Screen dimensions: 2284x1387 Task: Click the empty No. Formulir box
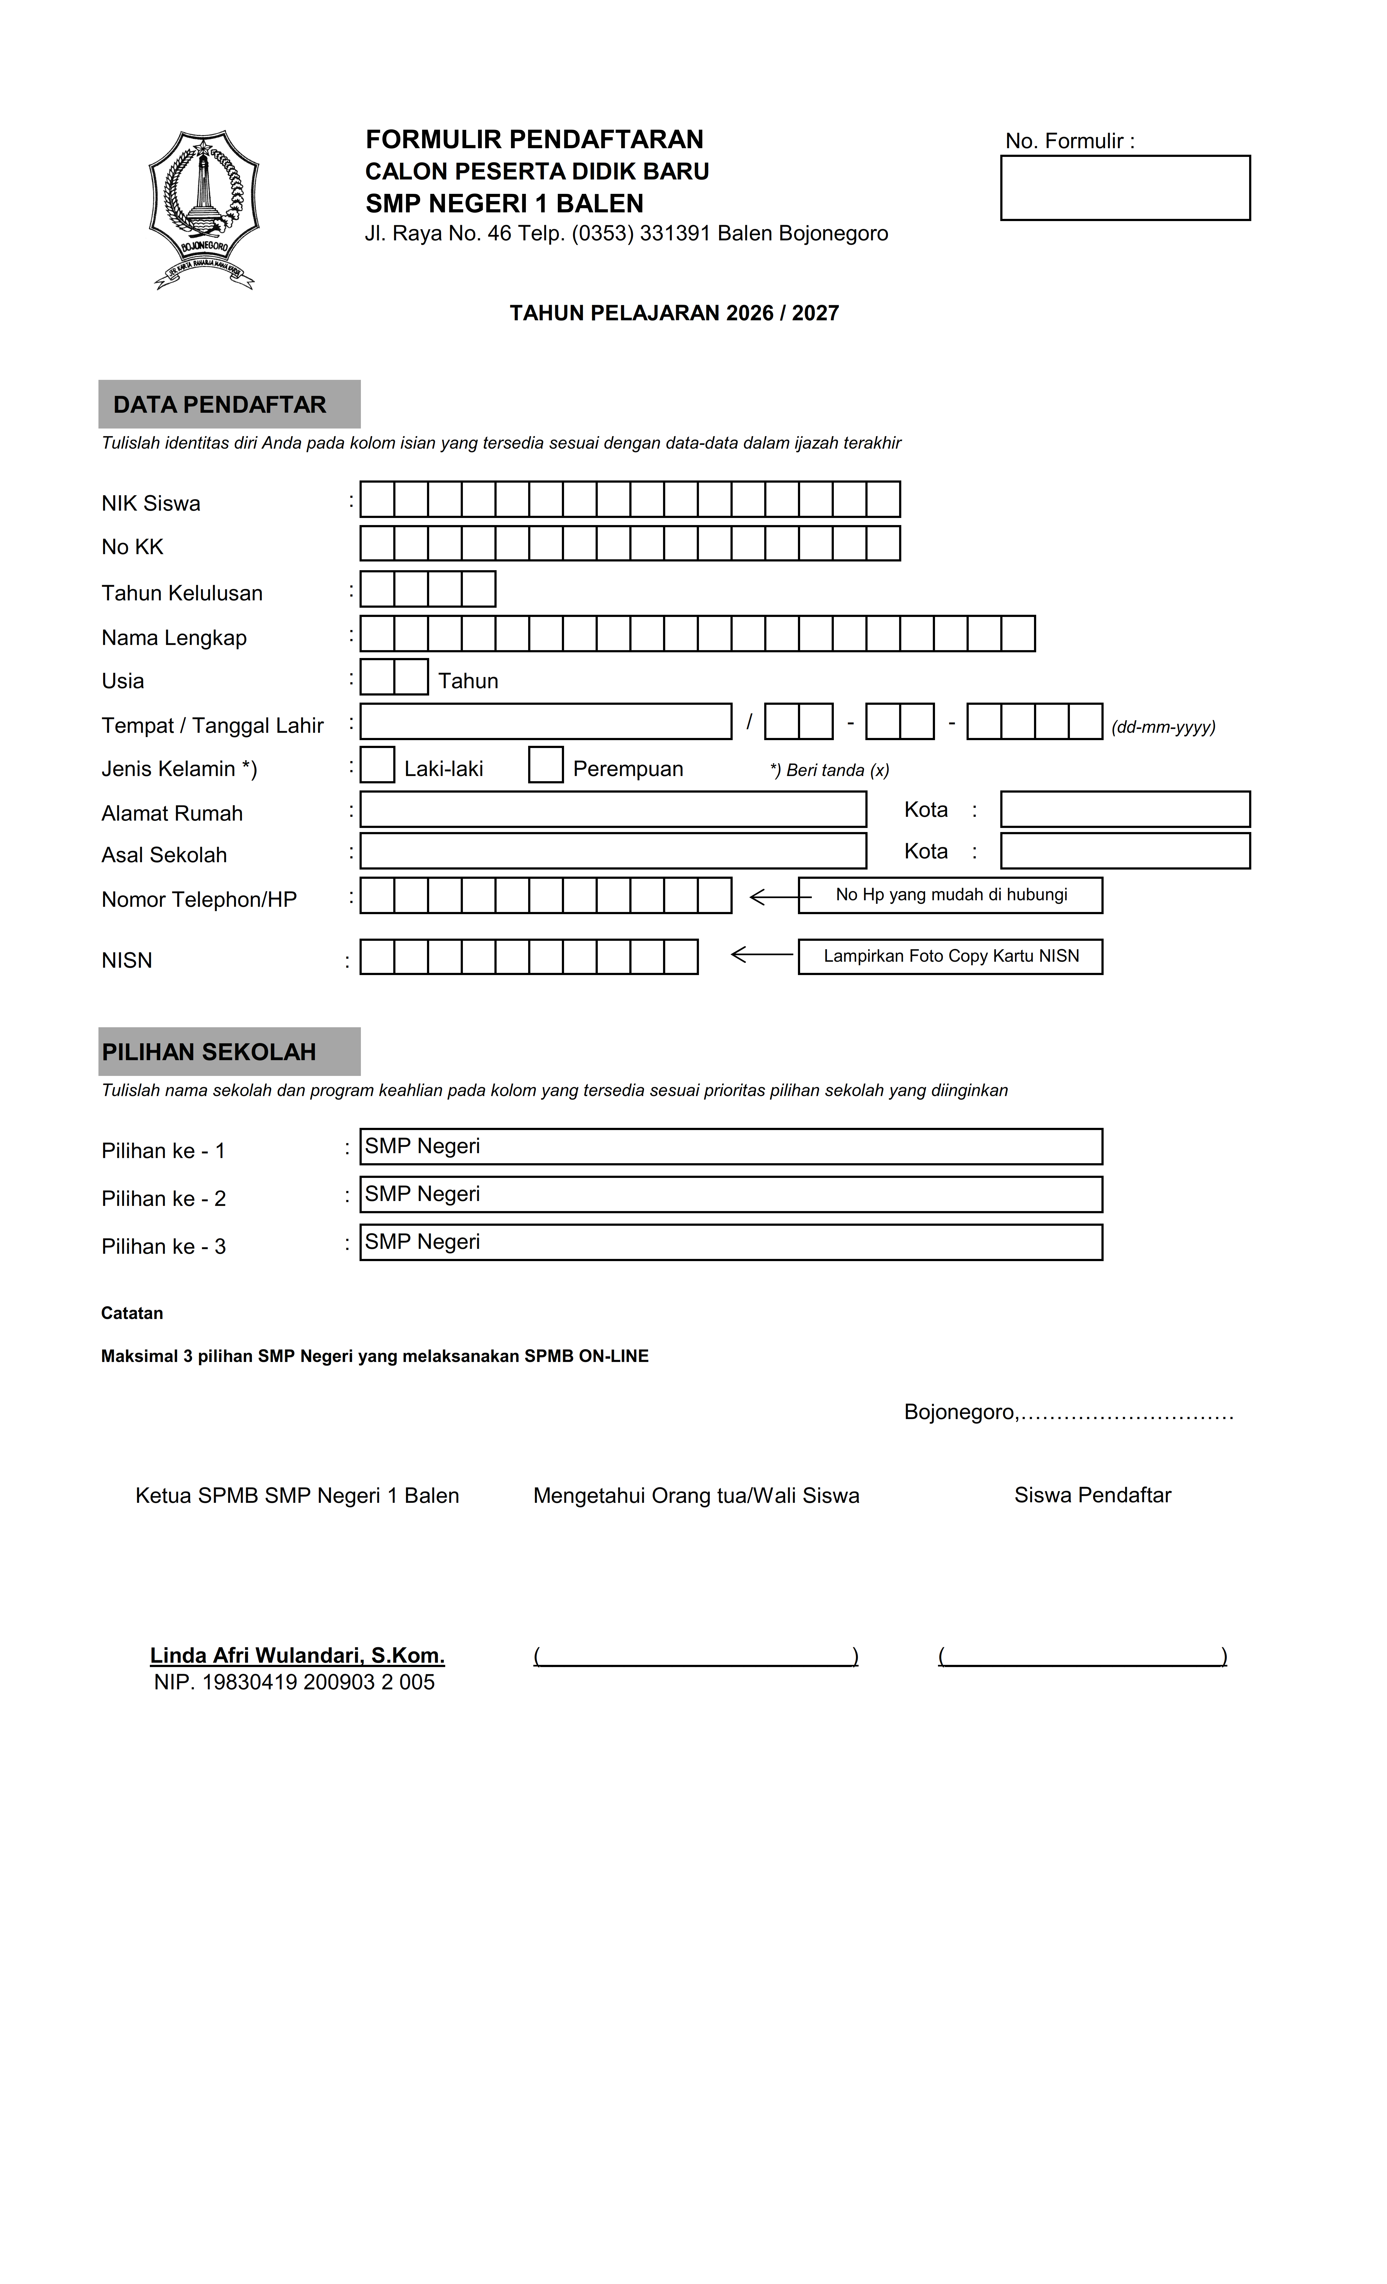click(1125, 188)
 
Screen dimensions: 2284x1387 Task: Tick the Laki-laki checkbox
click(377, 765)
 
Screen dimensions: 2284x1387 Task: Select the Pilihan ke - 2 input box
click(730, 1194)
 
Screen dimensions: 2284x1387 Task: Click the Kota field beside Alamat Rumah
click(1125, 809)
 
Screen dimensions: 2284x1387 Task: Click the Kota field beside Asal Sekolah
click(1125, 851)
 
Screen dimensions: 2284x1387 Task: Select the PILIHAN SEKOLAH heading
click(209, 1052)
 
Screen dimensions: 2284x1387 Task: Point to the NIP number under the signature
click(294, 1683)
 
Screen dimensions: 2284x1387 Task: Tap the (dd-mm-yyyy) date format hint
click(1163, 727)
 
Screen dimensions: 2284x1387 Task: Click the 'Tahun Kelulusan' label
click(182, 593)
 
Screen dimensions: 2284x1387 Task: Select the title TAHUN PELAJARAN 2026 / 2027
click(674, 313)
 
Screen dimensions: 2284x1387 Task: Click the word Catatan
click(132, 1314)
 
